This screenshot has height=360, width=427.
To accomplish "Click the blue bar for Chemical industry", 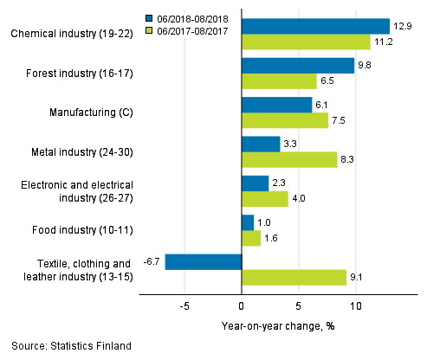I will click(315, 26).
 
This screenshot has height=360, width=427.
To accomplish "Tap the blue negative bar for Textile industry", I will click(203, 261).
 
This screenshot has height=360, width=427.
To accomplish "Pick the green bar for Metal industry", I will click(288, 160).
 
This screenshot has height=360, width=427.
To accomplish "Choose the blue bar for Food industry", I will click(247, 222).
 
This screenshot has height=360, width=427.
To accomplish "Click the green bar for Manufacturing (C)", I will click(284, 120).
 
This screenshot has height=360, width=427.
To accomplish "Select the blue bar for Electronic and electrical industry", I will click(255, 183).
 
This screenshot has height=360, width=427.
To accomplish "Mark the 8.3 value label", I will click(349, 160).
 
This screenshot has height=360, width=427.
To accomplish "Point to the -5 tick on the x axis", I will click(183, 306).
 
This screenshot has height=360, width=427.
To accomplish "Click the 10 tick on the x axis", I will click(355, 306).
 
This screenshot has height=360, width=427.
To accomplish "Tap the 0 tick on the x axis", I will click(241, 306).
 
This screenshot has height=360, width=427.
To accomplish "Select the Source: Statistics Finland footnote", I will click(72, 346).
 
